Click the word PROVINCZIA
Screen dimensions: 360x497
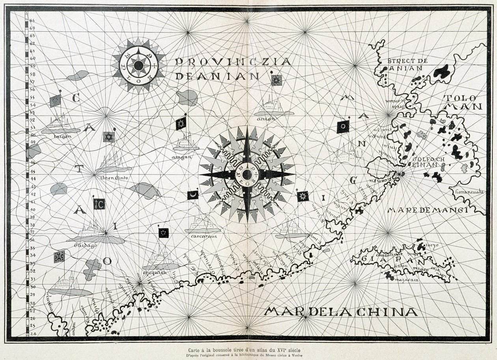pos(233,62)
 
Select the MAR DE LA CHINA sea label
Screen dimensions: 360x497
pos(341,312)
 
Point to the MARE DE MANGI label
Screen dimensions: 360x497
pos(428,210)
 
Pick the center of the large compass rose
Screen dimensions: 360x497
pos(247,174)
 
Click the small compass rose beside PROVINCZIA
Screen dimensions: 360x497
pos(138,66)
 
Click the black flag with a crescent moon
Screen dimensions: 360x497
pos(192,195)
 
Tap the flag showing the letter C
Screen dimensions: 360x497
pos(99,204)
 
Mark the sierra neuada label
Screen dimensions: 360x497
pos(469,193)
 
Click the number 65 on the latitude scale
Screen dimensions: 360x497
pos(32,20)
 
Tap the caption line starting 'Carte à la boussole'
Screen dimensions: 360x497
pos(248,349)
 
